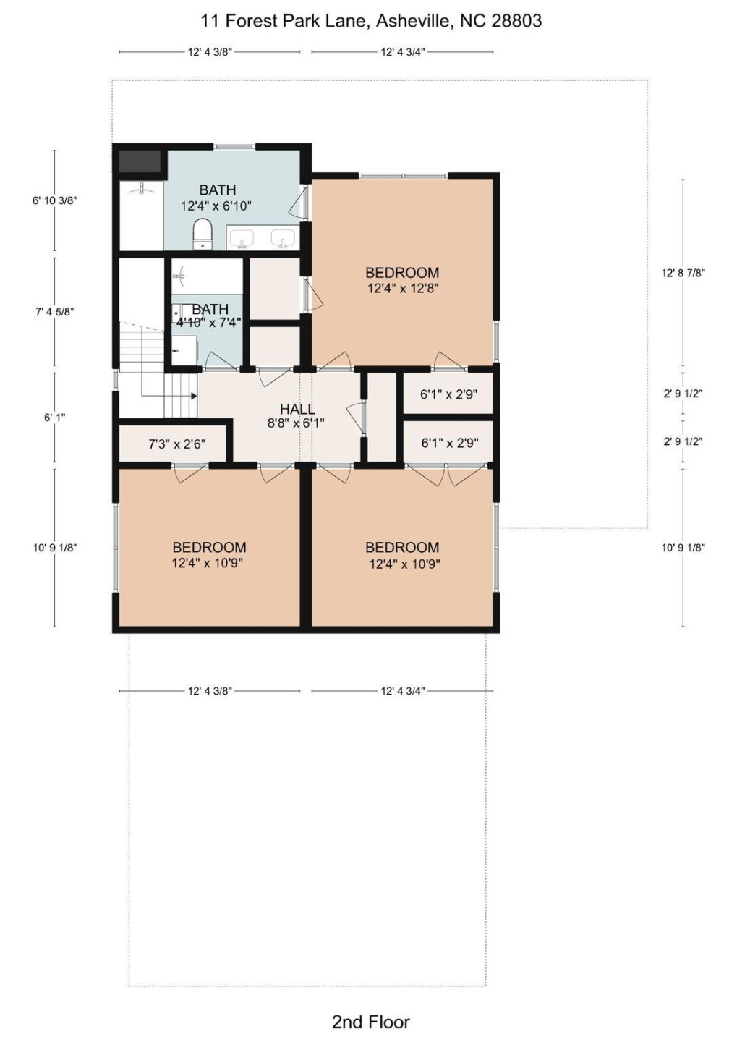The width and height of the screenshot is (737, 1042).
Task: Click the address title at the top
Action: [371, 21]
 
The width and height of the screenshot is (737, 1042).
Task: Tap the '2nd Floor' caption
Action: [371, 1018]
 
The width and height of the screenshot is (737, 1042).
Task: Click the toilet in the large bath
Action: [203, 234]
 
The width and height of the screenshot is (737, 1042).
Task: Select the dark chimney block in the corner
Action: [140, 161]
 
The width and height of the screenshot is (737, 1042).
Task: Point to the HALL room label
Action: [297, 410]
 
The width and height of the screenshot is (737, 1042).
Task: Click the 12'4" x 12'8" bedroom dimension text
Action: [403, 289]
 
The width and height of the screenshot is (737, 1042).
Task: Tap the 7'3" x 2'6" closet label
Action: [176, 444]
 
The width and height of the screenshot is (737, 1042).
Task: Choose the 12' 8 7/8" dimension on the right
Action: [683, 273]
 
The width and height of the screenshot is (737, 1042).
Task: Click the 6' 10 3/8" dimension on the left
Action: [54, 200]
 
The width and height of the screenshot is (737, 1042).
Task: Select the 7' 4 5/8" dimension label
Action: [54, 312]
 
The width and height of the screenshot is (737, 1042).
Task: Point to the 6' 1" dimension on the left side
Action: [54, 418]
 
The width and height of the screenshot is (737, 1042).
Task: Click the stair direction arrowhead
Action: [194, 396]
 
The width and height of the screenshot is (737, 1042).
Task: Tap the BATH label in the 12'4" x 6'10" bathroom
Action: [218, 190]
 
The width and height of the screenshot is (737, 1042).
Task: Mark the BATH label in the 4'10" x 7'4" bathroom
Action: [210, 309]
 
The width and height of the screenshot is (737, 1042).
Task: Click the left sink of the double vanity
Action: [242, 237]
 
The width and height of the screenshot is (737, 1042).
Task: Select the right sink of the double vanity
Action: [283, 237]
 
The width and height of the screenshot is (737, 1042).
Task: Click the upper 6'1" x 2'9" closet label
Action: [449, 394]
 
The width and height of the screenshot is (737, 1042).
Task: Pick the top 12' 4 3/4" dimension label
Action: [403, 52]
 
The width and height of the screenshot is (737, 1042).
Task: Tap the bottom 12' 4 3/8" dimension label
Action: [210, 691]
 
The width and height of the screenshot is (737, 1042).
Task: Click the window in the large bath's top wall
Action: [235, 147]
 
